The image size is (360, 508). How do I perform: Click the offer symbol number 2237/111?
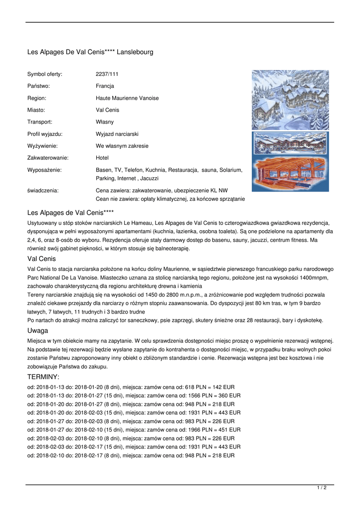click(107, 74)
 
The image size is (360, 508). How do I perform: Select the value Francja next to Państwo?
click(105, 86)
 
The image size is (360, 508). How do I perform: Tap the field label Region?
click(37, 98)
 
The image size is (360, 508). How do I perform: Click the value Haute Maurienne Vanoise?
click(127, 98)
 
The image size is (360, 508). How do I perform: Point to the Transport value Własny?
click(104, 122)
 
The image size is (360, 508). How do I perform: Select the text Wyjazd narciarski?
click(117, 134)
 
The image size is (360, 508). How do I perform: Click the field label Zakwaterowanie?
click(48, 158)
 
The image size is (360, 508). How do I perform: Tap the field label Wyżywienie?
click(42, 146)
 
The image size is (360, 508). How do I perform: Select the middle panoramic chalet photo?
click(290, 143)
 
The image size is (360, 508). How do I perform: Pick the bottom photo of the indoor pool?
click(290, 174)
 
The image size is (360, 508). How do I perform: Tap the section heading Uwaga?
click(38, 330)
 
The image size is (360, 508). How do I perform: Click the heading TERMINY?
click(43, 377)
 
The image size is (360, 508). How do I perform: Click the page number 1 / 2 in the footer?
click(322, 488)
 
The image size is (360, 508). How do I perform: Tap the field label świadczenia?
click(43, 190)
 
